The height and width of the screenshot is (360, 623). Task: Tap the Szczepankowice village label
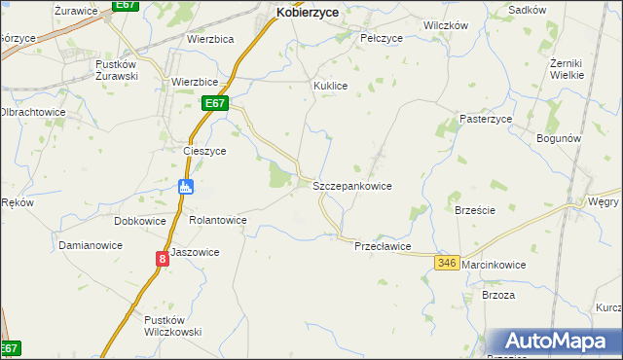tap(351, 185)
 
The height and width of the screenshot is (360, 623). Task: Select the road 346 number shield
tap(447, 264)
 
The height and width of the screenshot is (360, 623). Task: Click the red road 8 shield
tap(162, 259)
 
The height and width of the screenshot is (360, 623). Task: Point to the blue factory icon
tap(186, 187)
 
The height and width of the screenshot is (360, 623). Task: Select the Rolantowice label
tap(217, 221)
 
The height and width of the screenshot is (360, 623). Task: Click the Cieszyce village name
tap(204, 152)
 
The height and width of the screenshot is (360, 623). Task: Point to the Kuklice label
tap(330, 86)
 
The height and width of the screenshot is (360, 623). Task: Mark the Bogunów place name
tap(559, 139)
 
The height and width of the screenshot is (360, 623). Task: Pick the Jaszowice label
tap(195, 252)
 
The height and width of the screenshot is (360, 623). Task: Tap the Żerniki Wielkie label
tap(566, 68)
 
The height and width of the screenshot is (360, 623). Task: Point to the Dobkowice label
tap(139, 221)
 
